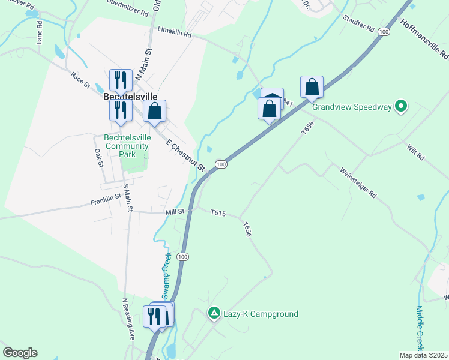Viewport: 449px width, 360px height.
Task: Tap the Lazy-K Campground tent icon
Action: pyautogui.click(x=213, y=313)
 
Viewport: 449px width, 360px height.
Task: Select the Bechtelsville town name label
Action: pyautogui.click(x=130, y=96)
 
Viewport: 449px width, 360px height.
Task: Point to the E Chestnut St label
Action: pyautogui.click(x=186, y=155)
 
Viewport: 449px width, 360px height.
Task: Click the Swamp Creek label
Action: pyautogui.click(x=168, y=269)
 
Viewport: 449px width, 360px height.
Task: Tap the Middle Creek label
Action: pyautogui.click(x=420, y=327)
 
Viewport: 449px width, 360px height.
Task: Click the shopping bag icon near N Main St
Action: pyautogui.click(x=155, y=111)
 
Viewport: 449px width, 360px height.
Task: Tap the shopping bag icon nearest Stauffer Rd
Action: pyautogui.click(x=312, y=88)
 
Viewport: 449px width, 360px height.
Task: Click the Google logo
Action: pyautogui.click(x=20, y=353)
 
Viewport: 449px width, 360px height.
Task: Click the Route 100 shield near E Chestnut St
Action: pyautogui.click(x=221, y=164)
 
